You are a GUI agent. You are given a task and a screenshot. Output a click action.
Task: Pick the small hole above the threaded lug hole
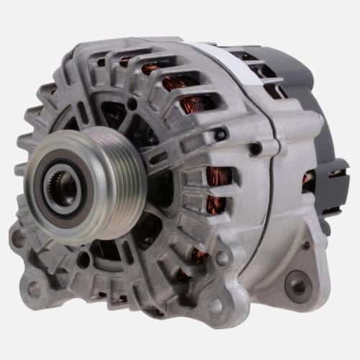tap(306, 245)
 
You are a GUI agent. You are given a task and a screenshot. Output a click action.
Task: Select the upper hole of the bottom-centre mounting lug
tap(222, 257)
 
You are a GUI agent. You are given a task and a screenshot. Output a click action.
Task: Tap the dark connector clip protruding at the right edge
tap(338, 173)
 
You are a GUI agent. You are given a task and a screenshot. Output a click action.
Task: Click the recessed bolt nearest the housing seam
tap(255, 148)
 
